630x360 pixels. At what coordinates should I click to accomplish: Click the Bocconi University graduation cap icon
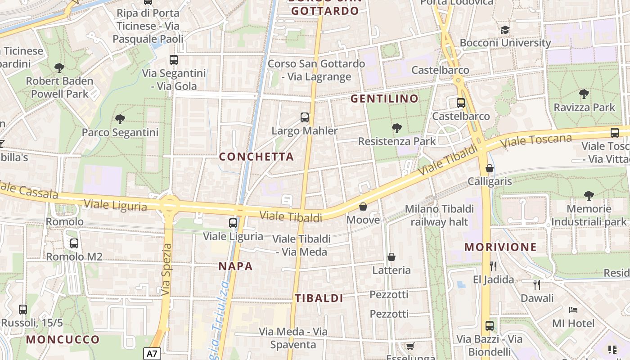505,30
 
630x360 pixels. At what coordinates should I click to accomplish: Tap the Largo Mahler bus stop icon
305,117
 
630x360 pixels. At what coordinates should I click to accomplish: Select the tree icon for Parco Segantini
120,119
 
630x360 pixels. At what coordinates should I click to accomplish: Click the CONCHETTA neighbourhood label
256,157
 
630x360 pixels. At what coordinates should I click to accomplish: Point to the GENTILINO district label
384,99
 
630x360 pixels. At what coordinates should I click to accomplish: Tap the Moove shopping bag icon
363,207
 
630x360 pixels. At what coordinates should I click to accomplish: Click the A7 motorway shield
153,353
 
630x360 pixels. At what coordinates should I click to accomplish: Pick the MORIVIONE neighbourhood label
500,247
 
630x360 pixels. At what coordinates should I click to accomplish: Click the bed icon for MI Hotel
573,310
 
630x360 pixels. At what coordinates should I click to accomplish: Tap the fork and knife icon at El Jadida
493,266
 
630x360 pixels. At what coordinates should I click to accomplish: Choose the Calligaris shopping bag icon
490,168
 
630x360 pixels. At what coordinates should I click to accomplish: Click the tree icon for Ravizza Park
584,94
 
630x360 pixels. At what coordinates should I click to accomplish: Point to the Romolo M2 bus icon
74,243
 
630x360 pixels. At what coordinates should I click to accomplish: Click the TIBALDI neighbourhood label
319,298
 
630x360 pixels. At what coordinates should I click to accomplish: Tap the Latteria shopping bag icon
391,257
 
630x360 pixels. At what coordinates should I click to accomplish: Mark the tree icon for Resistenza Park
396,128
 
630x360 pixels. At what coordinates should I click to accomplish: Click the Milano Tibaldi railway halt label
439,215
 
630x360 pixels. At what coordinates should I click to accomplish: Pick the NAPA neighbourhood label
235,266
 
